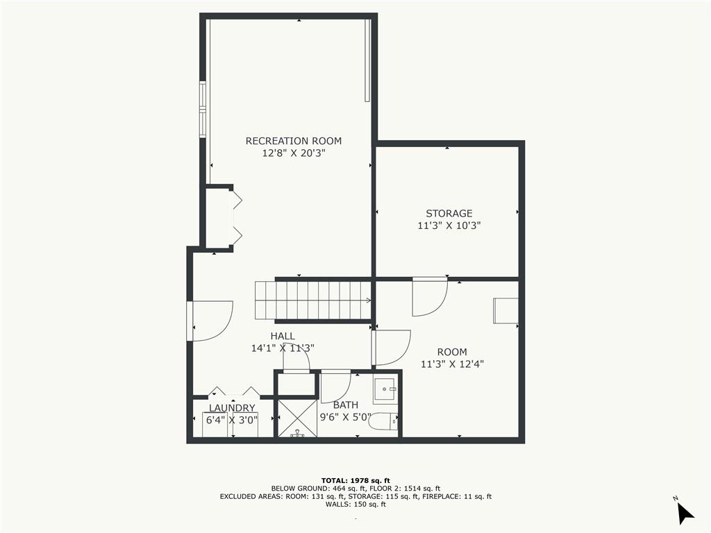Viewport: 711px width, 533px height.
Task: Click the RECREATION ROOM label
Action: coord(294,141)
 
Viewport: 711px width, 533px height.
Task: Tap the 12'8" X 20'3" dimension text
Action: coord(294,153)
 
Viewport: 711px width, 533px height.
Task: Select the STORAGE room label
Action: coord(449,214)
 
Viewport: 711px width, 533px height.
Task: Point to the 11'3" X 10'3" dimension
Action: coord(449,226)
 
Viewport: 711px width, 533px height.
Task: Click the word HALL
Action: coord(283,337)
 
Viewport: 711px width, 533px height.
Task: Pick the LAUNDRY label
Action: coord(232,408)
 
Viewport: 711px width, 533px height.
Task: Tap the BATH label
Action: coord(346,405)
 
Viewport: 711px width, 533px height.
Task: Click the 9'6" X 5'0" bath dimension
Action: coord(346,417)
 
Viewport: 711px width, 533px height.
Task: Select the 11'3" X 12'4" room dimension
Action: coord(452,364)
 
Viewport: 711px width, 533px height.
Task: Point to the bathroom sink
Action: coord(385,389)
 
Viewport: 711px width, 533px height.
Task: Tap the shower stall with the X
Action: coord(297,418)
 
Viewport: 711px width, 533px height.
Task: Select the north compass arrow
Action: coord(685,513)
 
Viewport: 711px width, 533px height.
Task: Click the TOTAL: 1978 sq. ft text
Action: coord(355,480)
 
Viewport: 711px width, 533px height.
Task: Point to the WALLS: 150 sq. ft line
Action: coord(355,504)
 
